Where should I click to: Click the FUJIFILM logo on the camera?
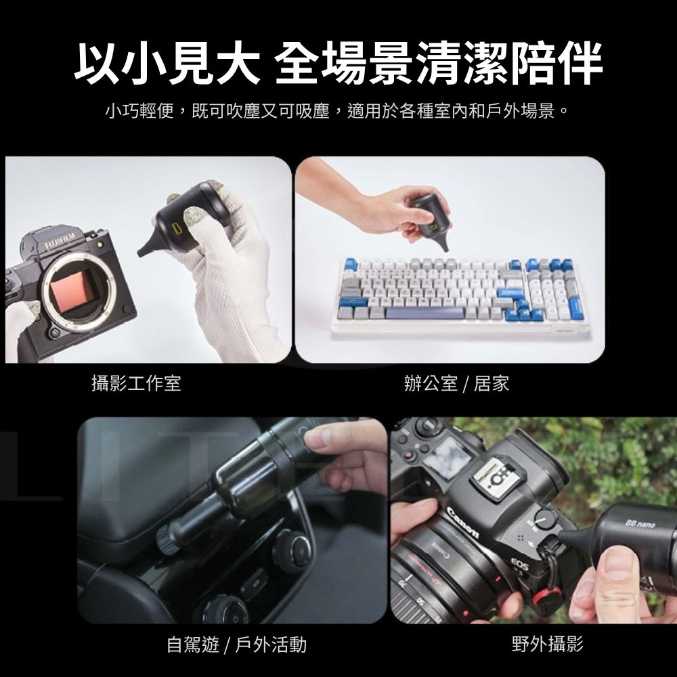[x=60, y=242]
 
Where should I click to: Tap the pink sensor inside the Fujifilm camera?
[x=71, y=290]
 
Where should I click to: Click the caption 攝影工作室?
[x=136, y=383]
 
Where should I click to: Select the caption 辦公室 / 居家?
[x=456, y=383]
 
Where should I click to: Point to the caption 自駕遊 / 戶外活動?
[x=236, y=645]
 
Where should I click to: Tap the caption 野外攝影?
[x=548, y=645]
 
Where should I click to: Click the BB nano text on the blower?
[x=640, y=524]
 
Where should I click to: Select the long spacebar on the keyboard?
[x=424, y=313]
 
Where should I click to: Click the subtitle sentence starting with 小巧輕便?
[x=336, y=112]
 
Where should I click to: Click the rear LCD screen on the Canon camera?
[x=447, y=454]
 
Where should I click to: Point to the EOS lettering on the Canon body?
[x=519, y=563]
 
